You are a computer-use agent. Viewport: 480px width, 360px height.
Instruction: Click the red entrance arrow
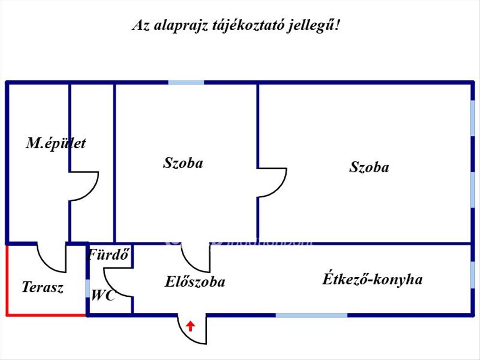coord(191,326)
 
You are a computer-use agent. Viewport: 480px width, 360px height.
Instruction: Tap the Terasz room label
coord(42,287)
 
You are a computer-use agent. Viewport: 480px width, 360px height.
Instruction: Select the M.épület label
coord(56,143)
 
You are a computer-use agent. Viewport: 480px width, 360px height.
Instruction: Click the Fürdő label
coord(109,254)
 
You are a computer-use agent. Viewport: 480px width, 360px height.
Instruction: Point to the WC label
coord(103,296)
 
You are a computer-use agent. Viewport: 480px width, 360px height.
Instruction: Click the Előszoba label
coord(195,282)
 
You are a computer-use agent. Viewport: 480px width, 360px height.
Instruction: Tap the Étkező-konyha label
coord(372,279)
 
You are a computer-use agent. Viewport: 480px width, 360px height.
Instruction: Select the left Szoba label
coord(183,163)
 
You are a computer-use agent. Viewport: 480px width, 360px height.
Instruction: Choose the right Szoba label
coord(369,167)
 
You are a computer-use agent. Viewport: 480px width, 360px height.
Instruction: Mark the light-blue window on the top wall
coord(186,82)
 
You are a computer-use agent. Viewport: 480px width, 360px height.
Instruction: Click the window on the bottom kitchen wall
coord(312,315)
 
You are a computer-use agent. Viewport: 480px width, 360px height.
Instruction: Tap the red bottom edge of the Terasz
coord(46,315)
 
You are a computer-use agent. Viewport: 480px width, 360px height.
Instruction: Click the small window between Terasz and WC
coord(87,288)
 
